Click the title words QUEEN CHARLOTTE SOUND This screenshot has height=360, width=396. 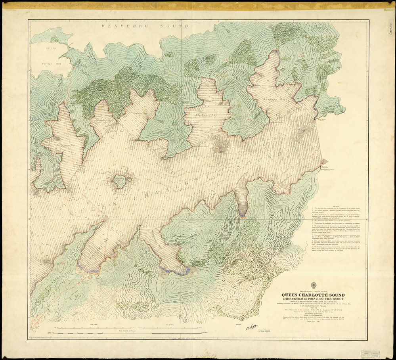pos(313,295)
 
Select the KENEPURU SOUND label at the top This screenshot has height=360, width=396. pos(145,26)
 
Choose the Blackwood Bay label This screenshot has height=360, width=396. pos(207,115)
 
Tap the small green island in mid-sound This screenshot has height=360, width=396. pos(119,181)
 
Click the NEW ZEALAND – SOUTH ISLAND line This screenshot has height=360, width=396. pos(313,291)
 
